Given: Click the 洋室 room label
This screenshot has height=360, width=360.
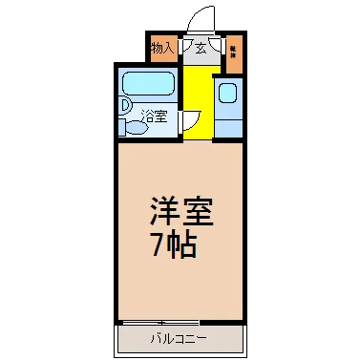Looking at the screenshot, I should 180,211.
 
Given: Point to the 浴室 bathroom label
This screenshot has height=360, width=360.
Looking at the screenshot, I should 154,117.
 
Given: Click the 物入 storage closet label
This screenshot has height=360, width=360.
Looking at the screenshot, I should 161,47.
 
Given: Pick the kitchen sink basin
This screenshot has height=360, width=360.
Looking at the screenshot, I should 228,93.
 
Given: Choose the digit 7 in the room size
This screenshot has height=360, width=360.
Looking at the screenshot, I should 159,244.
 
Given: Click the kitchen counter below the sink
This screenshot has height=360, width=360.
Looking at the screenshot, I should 228,124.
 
